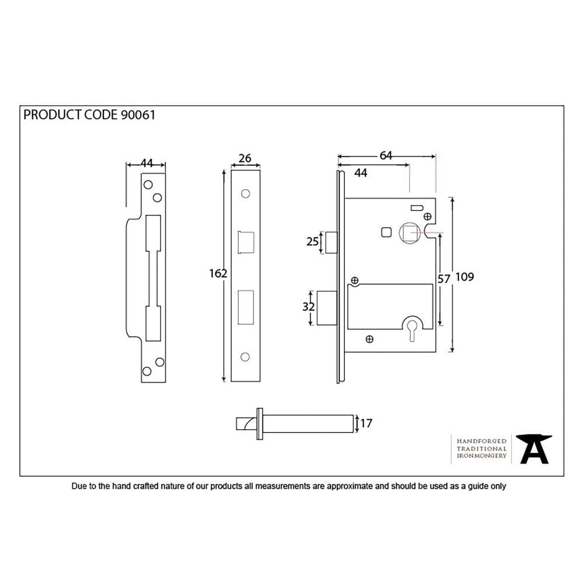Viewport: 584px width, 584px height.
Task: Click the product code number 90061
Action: click(x=138, y=114)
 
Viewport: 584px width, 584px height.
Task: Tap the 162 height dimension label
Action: click(x=218, y=273)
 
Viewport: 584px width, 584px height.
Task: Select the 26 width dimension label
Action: click(x=245, y=158)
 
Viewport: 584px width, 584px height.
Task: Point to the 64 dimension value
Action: click(x=386, y=155)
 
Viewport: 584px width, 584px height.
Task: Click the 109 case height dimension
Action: click(x=465, y=277)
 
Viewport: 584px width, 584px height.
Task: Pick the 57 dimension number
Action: click(x=444, y=279)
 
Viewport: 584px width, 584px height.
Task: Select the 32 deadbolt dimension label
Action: click(x=310, y=307)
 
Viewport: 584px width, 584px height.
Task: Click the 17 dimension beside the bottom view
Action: click(x=366, y=423)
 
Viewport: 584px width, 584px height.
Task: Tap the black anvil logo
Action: click(x=535, y=449)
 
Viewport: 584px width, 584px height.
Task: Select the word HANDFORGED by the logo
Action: click(x=481, y=441)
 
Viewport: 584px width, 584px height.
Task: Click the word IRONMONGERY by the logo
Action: click(x=481, y=456)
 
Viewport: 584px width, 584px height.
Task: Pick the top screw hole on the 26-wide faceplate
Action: click(x=245, y=193)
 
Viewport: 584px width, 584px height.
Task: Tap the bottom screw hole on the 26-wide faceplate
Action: click(x=245, y=356)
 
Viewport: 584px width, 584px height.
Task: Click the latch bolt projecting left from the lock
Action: click(x=331, y=242)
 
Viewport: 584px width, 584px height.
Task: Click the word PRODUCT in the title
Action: click(x=50, y=114)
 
